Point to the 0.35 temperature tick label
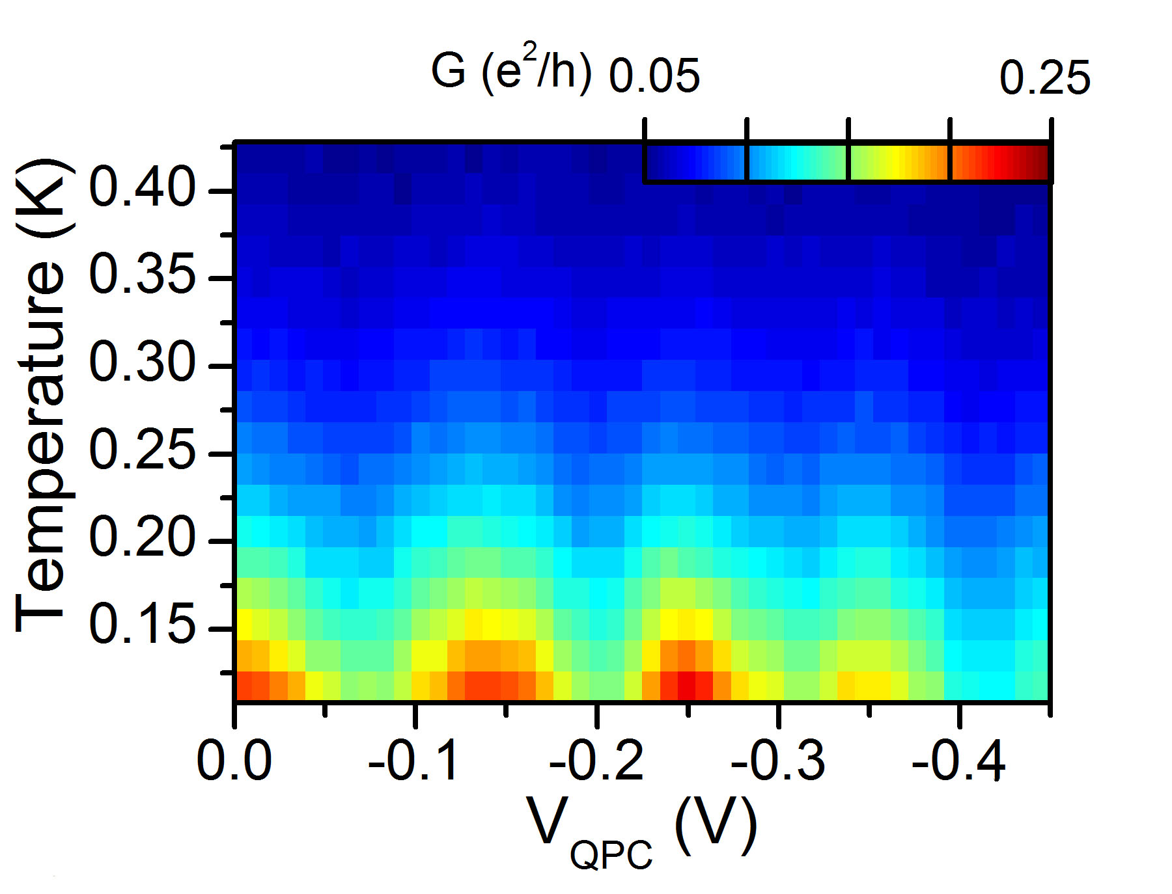(142, 276)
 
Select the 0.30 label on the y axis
(142, 364)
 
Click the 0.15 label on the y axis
(142, 626)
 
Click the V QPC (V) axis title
(641, 833)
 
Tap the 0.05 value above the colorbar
(654, 77)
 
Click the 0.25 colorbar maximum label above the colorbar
(1044, 78)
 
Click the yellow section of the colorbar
(897, 161)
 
